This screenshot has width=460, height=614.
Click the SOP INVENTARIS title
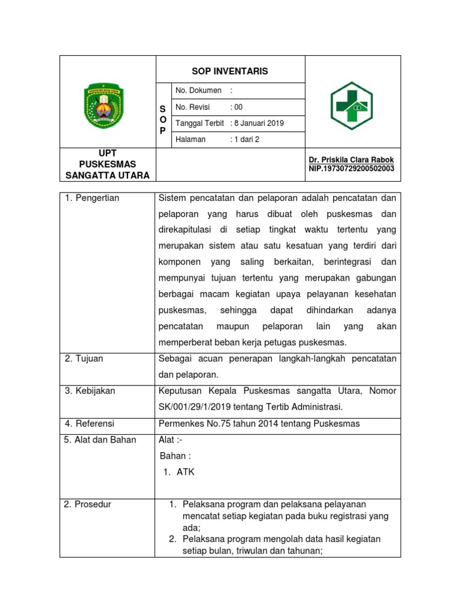pos(230,71)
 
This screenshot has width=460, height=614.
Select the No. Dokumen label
pos(198,91)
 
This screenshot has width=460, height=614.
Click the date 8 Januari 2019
pos(258,124)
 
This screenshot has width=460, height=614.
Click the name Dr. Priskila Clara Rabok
pos(351,160)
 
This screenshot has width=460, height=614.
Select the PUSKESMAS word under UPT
pos(107,164)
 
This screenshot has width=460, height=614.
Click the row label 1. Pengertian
pos(92,198)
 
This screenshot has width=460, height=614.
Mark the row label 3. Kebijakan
pos(89,391)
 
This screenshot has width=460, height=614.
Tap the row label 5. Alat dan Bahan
pos(100,440)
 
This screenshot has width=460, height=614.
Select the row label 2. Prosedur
pos(87,504)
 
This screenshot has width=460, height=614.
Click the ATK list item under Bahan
pos(185,472)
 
